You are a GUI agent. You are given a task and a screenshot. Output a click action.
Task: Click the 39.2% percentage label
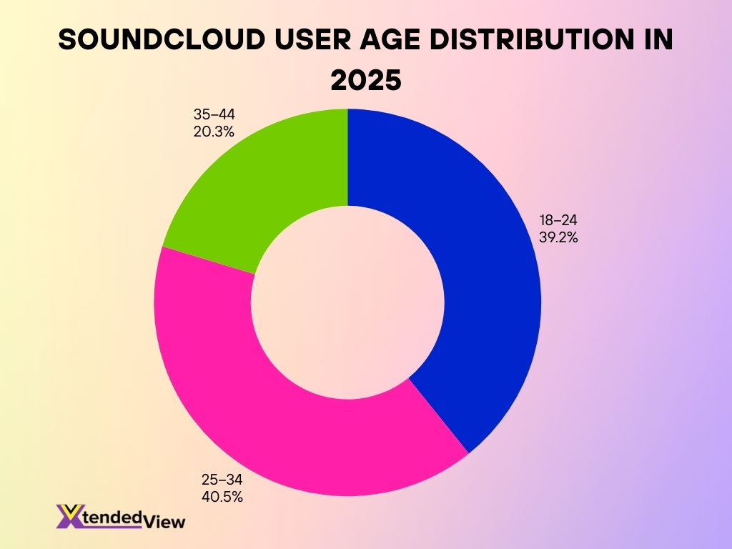tap(558, 237)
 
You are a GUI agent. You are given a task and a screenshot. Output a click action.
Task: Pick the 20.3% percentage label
tap(214, 131)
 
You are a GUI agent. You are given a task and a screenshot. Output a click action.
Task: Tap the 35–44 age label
tap(214, 114)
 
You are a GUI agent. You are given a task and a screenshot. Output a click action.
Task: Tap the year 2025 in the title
tap(365, 79)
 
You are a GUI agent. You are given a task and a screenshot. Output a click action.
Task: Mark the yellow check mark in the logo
tap(71, 512)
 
